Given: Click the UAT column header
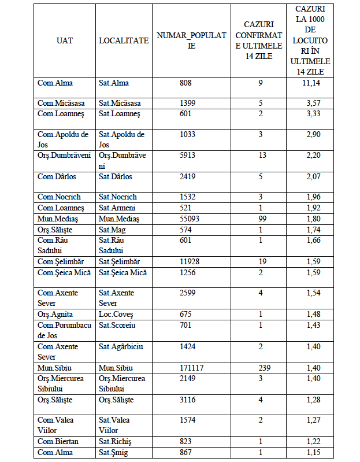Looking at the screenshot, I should pyautogui.click(x=65, y=40).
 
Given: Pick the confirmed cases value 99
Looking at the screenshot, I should pyautogui.click(x=261, y=219).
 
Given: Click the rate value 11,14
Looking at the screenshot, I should pyautogui.click(x=312, y=83).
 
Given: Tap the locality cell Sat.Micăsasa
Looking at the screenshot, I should pyautogui.click(x=120, y=103).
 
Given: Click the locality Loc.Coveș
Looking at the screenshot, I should pyautogui.click(x=116, y=314).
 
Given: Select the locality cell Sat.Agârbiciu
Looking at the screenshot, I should pyautogui.click(x=121, y=346).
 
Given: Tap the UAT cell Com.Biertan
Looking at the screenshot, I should pyautogui.click(x=58, y=441).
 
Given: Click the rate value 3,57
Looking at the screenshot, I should pyautogui.click(x=312, y=103).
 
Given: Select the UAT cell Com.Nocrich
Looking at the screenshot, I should pyautogui.click(x=59, y=197).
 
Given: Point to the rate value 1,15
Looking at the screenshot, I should pyautogui.click(x=312, y=452).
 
